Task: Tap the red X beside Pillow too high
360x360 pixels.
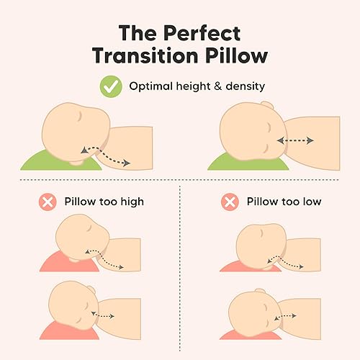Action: [x=49, y=202]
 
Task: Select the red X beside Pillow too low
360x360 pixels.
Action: [x=230, y=202]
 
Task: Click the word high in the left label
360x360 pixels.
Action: [x=130, y=202]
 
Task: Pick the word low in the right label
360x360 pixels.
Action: [x=307, y=202]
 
